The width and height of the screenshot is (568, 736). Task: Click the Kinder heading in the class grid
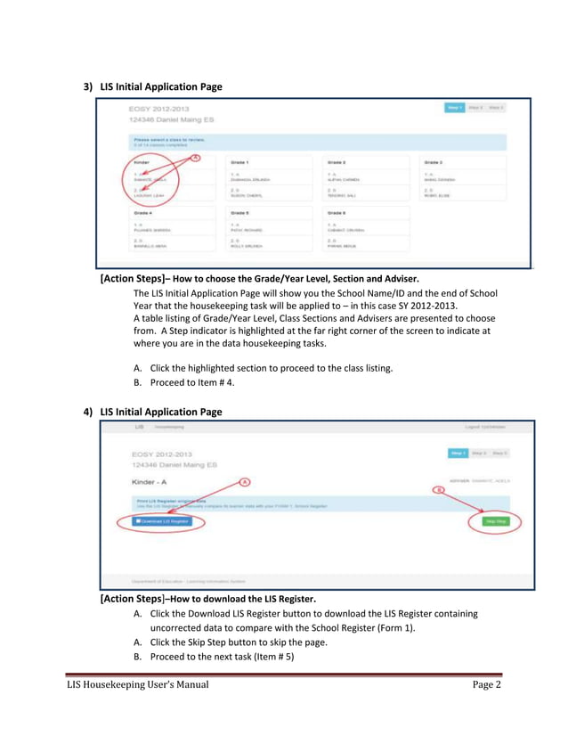point(142,163)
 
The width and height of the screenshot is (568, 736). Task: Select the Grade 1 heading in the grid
point(239,163)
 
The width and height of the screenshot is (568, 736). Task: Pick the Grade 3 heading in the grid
point(434,163)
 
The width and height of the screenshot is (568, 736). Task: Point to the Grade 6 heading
point(337,213)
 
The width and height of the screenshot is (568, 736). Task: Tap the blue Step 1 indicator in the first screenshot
point(454,108)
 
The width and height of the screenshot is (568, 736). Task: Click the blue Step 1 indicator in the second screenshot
point(457,453)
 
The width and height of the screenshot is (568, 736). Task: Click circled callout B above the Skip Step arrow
point(438,489)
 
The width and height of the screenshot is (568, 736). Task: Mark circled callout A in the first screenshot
point(196,157)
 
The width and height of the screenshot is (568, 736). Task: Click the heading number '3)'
point(88,86)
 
